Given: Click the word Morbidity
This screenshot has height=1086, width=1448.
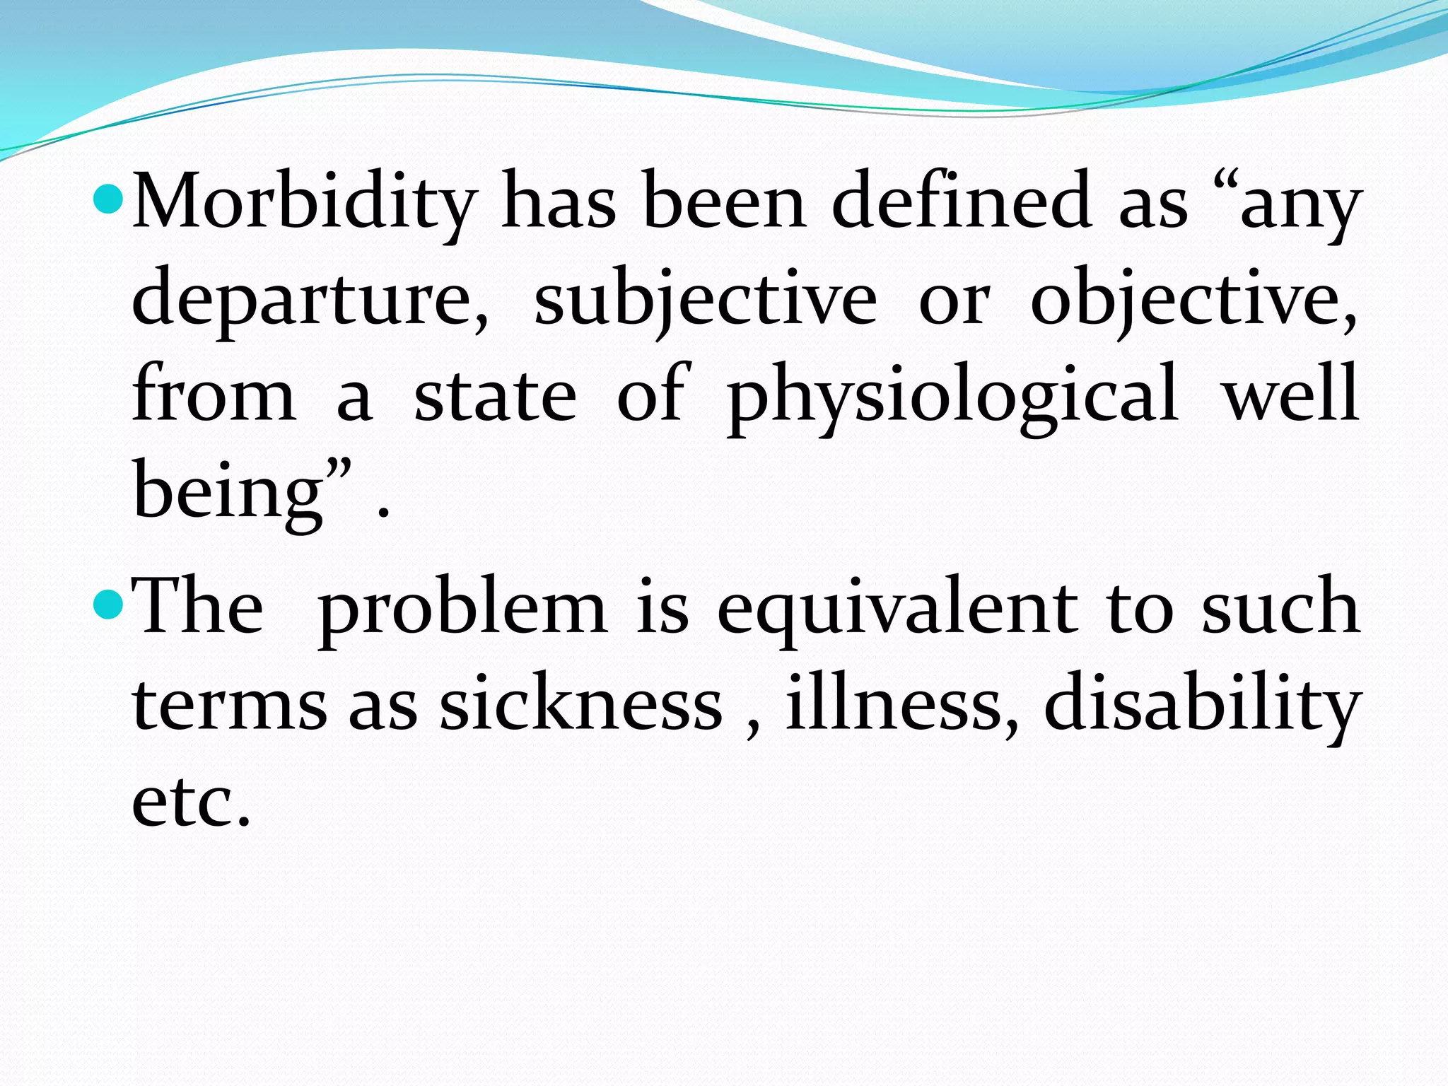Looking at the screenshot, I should (x=304, y=202).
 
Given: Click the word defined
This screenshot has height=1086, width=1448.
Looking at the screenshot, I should (x=962, y=201).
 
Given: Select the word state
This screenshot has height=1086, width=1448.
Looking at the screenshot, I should (x=495, y=395).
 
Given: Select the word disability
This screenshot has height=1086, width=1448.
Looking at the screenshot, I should (x=1202, y=704).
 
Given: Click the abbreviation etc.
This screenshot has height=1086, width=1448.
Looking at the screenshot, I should (x=191, y=802).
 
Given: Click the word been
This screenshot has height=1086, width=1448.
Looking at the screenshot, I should (x=725, y=202).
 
